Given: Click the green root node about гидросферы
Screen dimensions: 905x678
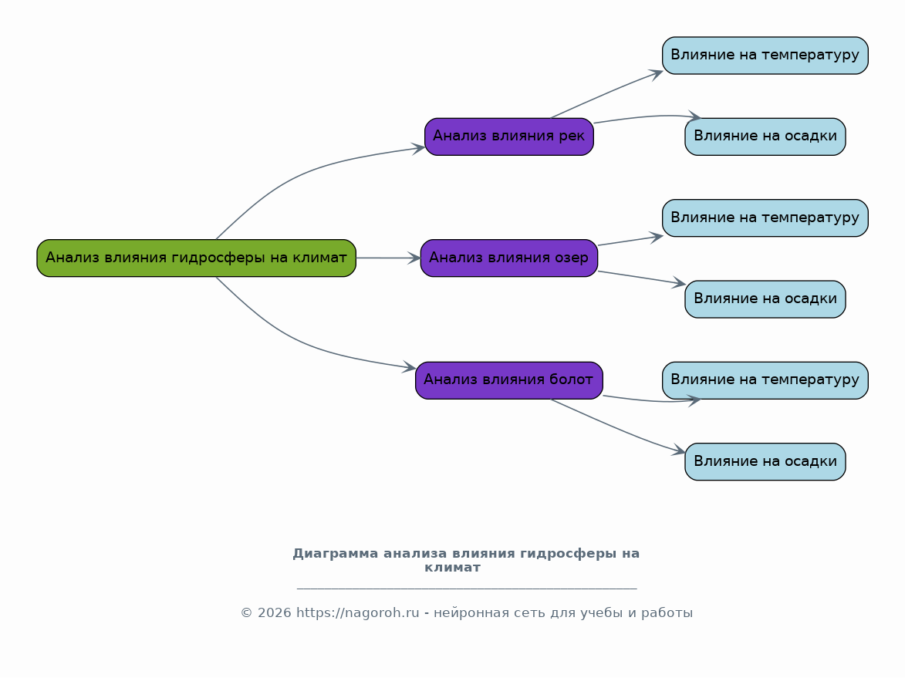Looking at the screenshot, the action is tap(196, 258).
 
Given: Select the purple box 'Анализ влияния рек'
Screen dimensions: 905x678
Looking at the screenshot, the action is tap(509, 137).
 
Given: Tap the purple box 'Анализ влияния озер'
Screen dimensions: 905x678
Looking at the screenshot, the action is tap(509, 258).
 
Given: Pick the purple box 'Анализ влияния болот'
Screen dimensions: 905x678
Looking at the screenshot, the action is tap(509, 380).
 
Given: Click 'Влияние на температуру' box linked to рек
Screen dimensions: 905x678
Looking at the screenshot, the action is tap(765, 56).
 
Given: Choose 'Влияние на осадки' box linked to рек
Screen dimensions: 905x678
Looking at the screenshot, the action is tap(765, 137).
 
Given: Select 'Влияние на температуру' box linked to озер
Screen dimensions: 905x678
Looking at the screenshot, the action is tap(765, 218).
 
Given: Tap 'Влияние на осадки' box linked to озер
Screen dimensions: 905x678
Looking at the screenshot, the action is tap(765, 299).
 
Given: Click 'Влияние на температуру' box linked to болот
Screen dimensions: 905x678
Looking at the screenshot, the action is tap(765, 380).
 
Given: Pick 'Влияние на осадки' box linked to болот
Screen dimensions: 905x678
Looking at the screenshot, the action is tap(765, 461).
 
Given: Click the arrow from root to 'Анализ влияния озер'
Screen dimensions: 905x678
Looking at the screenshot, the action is tap(388, 258).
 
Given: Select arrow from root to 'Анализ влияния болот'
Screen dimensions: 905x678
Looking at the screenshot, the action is tap(300, 342).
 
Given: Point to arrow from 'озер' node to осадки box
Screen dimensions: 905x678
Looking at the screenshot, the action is tap(642, 278).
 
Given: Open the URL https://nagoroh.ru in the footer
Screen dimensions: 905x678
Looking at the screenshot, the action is tap(358, 612).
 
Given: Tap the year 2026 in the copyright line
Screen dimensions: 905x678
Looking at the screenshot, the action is tap(274, 612).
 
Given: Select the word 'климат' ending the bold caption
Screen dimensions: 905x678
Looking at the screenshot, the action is tap(452, 568).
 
